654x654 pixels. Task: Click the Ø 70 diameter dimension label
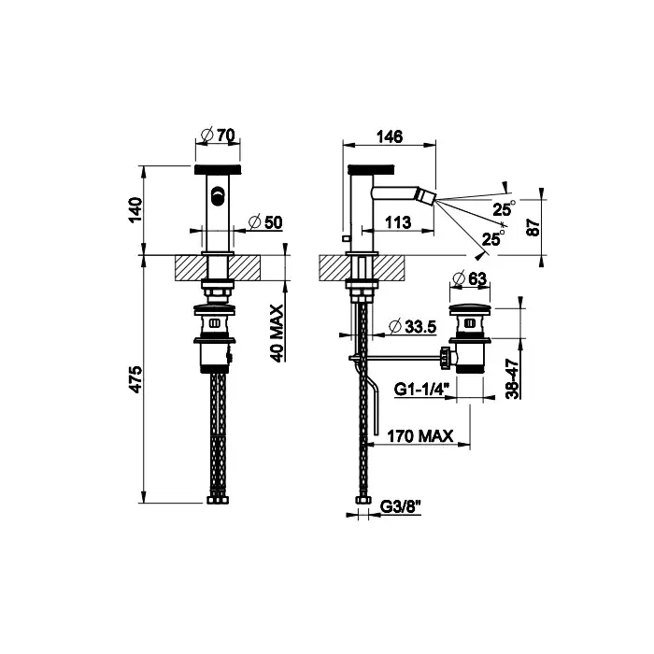click(x=218, y=135)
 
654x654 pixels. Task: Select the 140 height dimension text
click(x=136, y=210)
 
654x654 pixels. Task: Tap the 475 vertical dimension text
click(x=136, y=379)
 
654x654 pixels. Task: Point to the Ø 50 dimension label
click(x=265, y=222)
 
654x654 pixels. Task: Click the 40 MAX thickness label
click(x=276, y=334)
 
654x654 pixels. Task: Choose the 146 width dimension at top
click(x=390, y=136)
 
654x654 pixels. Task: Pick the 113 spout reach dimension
click(x=397, y=222)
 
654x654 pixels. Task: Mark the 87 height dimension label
click(x=533, y=227)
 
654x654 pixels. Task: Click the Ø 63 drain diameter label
click(x=470, y=278)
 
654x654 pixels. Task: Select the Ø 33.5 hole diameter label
click(x=413, y=327)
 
